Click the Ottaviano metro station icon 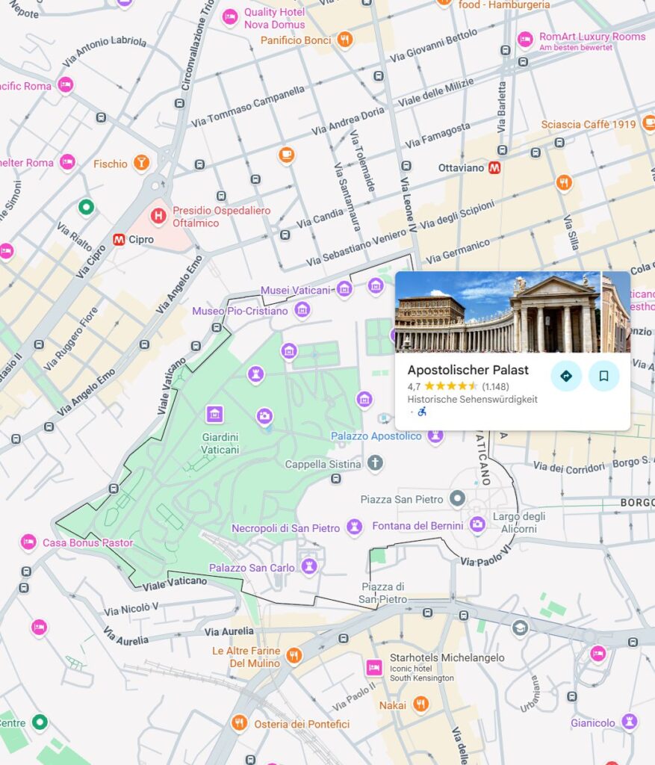[494, 167]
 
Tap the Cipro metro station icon [118, 240]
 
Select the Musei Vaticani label [295, 290]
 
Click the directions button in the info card [566, 376]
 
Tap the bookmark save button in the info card [603, 376]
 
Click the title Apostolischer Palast [468, 370]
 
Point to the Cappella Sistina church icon [375, 464]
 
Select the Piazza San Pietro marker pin [457, 498]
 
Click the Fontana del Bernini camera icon [477, 525]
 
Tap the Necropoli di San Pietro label [285, 528]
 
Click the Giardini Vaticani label [220, 443]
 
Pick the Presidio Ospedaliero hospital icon [158, 217]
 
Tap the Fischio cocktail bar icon [141, 163]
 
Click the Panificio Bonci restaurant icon [344, 40]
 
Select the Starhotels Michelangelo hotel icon [373, 667]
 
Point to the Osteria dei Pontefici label [301, 724]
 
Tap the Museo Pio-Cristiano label [240, 311]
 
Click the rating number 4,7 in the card [414, 386]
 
